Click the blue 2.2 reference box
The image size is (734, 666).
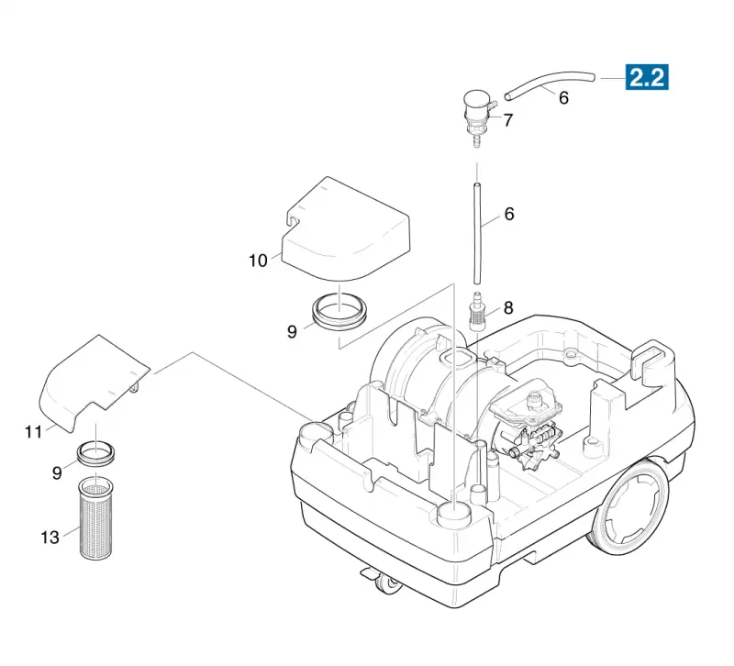coord(647,77)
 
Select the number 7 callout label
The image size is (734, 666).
coord(508,120)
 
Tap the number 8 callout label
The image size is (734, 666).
coord(508,308)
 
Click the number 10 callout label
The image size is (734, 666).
coord(258,261)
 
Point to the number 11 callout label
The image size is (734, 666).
coord(34,431)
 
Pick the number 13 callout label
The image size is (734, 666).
coord(50,538)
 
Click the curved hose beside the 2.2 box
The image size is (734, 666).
coord(549,83)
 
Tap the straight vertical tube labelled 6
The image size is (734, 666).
coord(477,234)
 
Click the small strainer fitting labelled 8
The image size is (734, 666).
coord(476,311)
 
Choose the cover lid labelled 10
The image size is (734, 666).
coord(346,228)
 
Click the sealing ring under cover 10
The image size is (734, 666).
coord(339,311)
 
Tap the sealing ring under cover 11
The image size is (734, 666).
coord(95,454)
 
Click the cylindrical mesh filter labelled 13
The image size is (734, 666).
coord(95,517)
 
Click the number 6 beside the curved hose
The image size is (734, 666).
coord(563,98)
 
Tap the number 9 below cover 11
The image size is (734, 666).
coord(57,472)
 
